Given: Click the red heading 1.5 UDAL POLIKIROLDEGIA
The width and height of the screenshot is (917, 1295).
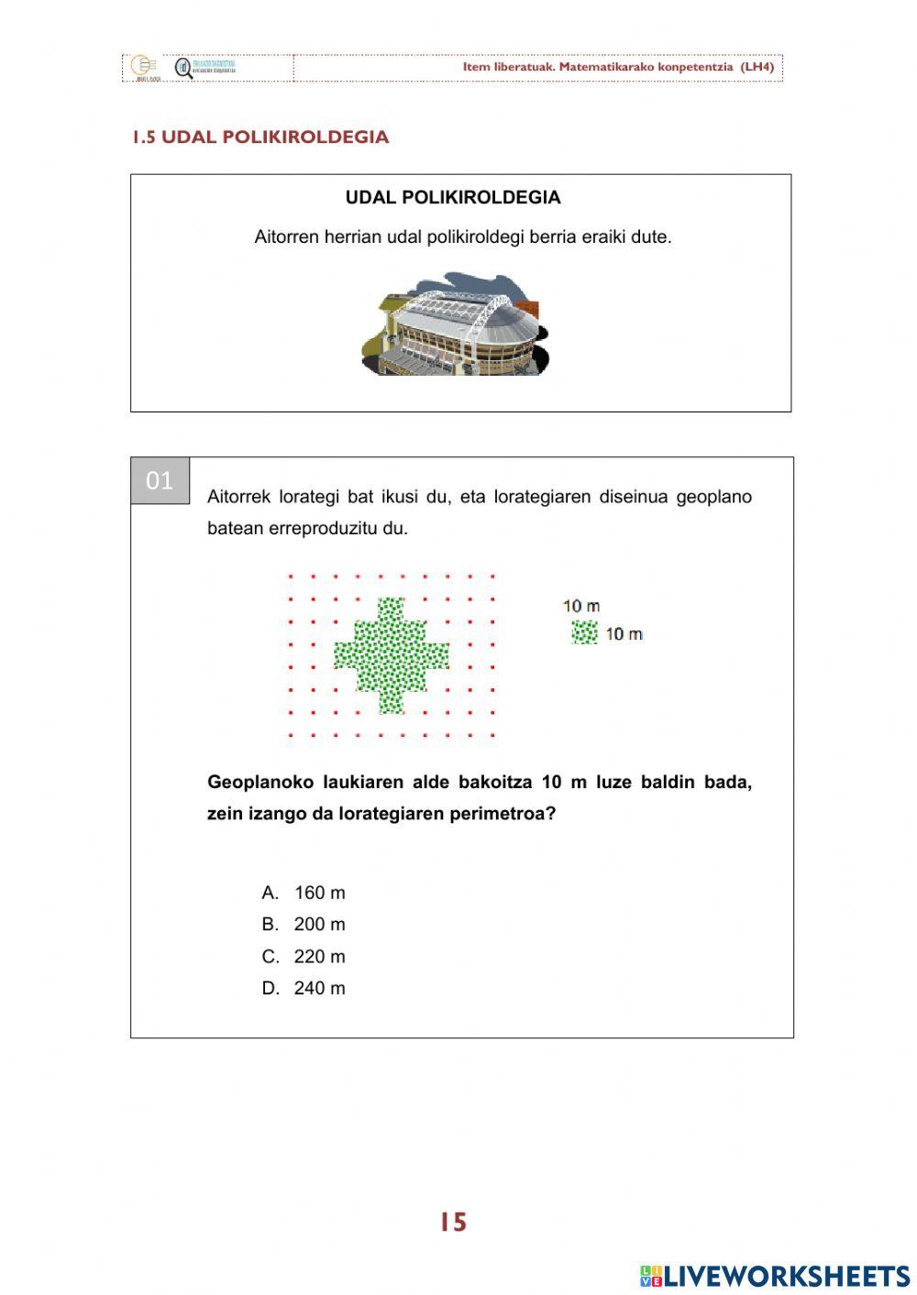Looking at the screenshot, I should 260,137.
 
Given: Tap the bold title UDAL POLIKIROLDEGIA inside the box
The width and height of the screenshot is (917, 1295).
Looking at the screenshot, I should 453,198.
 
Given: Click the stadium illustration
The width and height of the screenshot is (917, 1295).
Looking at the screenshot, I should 456,324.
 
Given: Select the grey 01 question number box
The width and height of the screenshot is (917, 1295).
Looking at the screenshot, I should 160,480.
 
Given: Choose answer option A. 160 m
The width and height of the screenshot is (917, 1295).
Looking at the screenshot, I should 304,893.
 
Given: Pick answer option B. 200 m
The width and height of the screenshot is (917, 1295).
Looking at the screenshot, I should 304,924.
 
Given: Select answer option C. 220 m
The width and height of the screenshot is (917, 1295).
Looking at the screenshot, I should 304,957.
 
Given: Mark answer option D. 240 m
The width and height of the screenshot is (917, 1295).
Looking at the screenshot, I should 304,988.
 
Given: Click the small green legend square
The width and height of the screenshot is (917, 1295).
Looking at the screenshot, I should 584,632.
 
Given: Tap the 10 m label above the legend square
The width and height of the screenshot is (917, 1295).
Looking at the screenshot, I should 581,606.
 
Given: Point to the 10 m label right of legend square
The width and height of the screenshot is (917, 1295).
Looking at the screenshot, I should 624,633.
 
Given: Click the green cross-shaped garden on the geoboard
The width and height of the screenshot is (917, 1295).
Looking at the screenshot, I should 392,655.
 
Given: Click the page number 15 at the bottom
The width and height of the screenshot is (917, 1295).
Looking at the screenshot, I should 453,1223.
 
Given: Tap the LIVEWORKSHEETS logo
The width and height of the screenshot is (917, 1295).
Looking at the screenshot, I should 775,1275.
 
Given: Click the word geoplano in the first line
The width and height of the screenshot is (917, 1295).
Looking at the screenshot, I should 713,497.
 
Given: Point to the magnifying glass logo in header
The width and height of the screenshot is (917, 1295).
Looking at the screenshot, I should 184,68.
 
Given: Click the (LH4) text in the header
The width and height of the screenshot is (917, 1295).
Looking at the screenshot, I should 757,67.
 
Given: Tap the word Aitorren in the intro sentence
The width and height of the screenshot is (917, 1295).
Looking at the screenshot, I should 285,237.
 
